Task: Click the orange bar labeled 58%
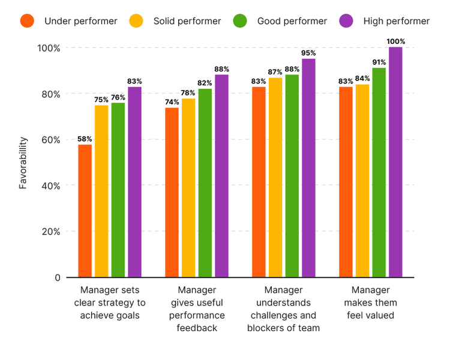(85, 211)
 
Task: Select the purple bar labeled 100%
(395, 162)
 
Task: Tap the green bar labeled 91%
(379, 172)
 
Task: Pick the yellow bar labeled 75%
(101, 191)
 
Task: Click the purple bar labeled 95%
(308, 168)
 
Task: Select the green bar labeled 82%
(205, 183)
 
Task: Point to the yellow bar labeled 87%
(275, 177)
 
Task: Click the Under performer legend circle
(27, 21)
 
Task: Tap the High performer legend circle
(346, 21)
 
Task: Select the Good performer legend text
(292, 21)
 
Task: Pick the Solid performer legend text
(187, 21)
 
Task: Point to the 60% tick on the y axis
(50, 140)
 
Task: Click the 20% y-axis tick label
(50, 232)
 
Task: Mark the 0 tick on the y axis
(56, 277)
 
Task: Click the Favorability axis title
(23, 163)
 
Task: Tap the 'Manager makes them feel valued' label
(371, 302)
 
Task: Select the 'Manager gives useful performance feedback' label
(197, 309)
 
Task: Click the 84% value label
(362, 78)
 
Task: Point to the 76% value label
(118, 97)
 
